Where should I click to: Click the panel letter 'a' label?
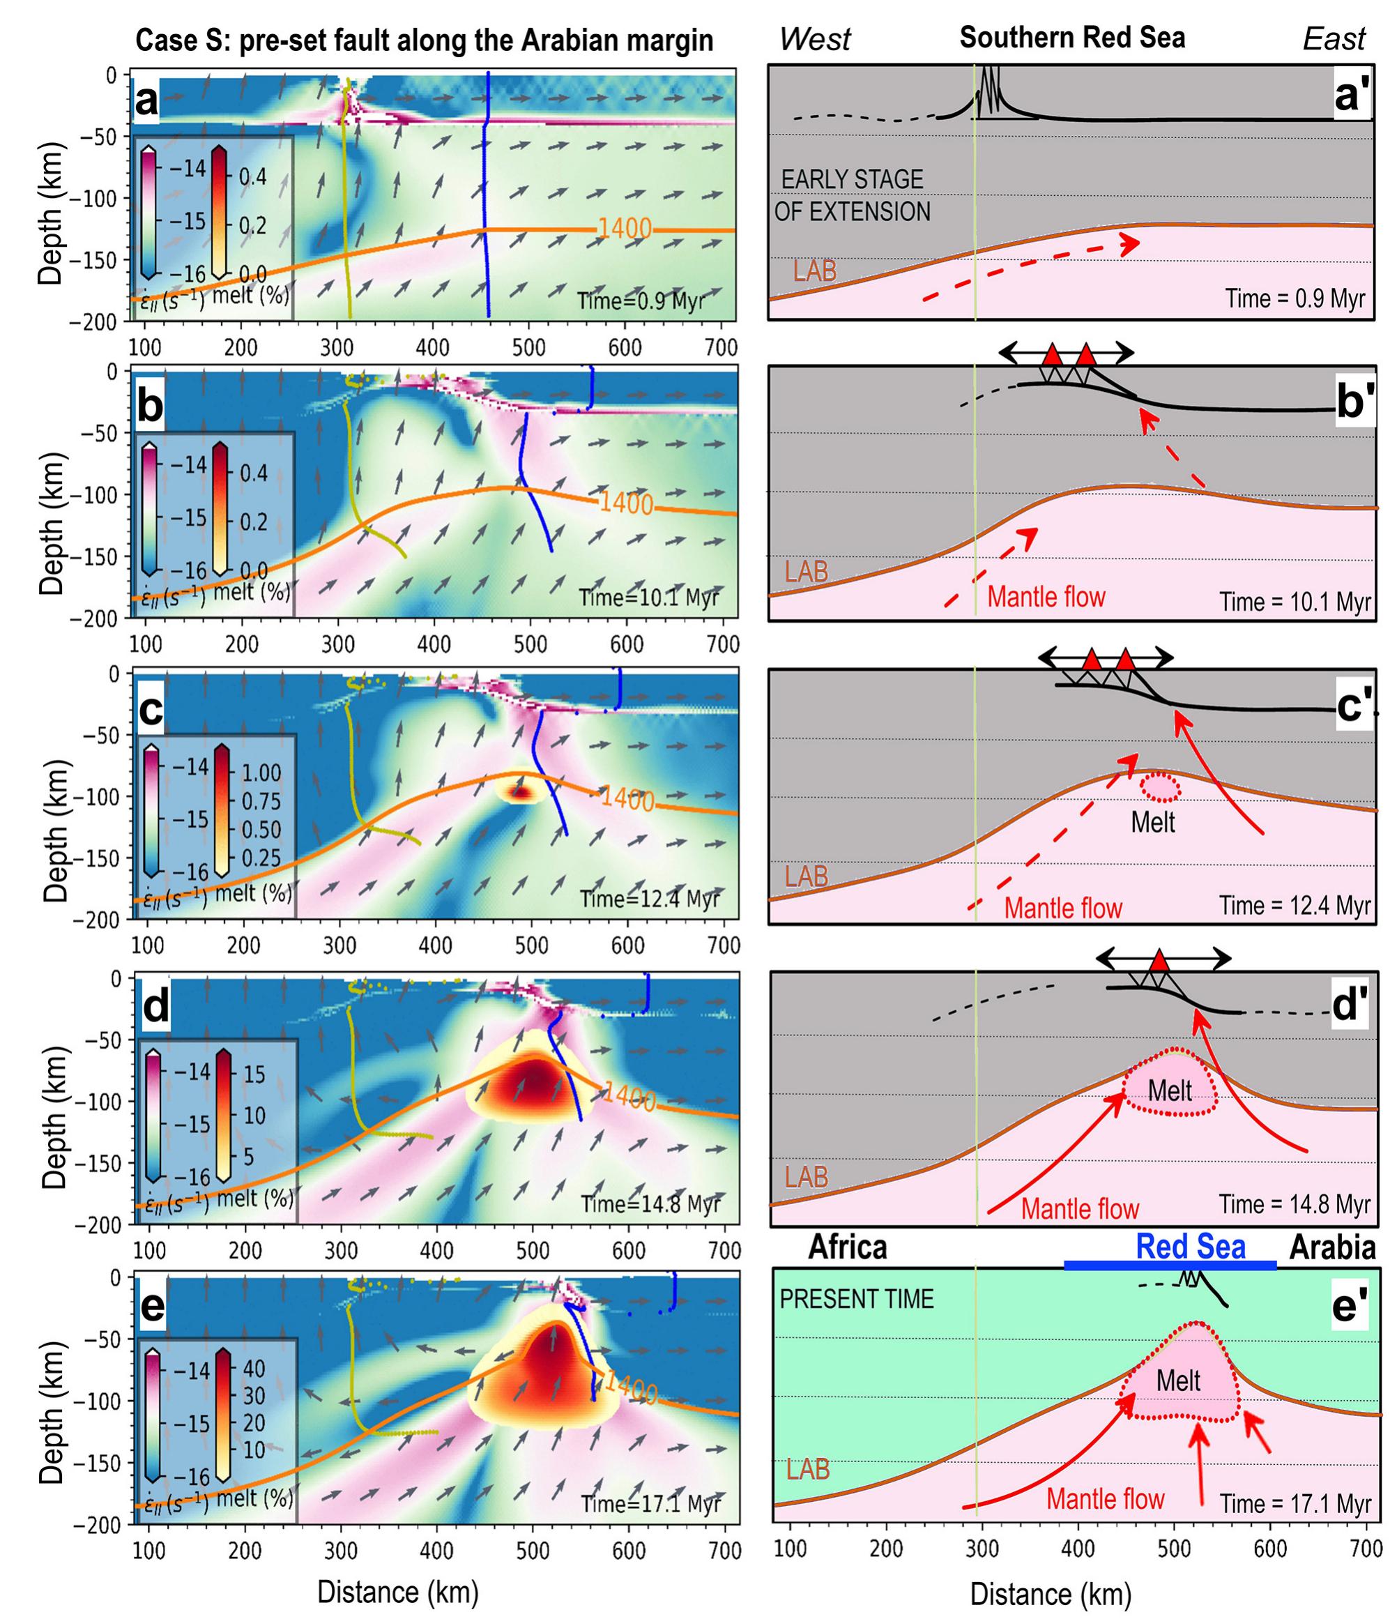tap(147, 102)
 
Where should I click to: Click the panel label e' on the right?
tap(1350, 1306)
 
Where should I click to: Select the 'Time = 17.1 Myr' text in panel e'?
tap(1295, 1503)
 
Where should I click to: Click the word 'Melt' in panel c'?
tap(1152, 822)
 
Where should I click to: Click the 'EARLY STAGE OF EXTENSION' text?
tap(853, 195)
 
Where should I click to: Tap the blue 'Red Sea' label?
tap(1190, 1246)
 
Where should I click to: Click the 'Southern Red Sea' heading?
tap(1072, 38)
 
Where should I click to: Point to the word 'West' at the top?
tap(814, 39)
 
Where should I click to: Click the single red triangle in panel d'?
tap(1159, 959)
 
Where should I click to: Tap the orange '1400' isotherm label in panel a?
tap(625, 228)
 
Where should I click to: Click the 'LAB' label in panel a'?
tap(815, 271)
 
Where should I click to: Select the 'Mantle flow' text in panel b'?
tap(1046, 597)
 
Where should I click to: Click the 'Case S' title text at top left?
tap(180, 40)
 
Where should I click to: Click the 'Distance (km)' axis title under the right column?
tap(1050, 1594)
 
